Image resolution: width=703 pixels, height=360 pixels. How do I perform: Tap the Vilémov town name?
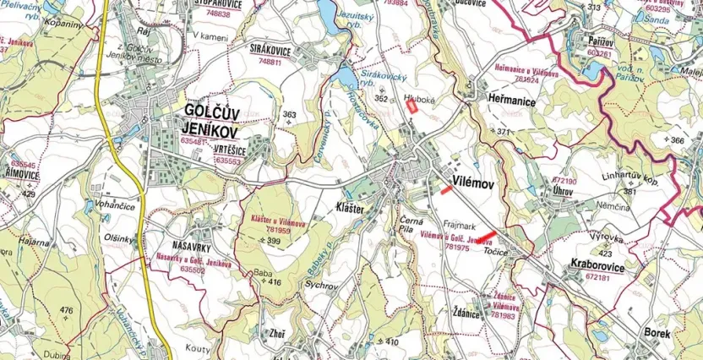tap(473, 182)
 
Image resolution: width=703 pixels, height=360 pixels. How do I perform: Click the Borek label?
tap(657, 333)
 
